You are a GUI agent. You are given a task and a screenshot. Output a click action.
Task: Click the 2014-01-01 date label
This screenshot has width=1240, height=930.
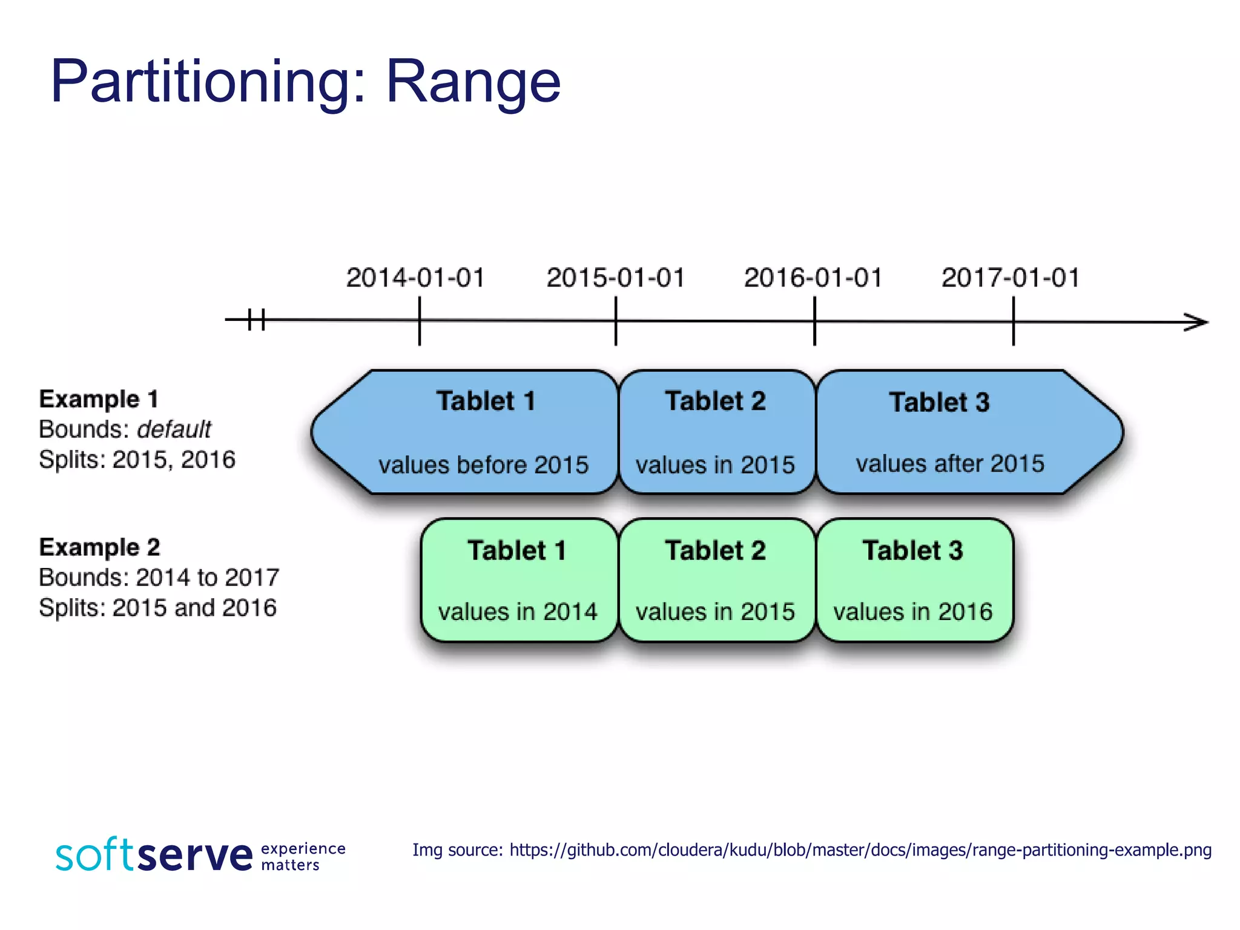pyautogui.click(x=415, y=278)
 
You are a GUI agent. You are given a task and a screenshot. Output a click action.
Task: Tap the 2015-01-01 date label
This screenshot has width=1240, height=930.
pyautogui.click(x=616, y=278)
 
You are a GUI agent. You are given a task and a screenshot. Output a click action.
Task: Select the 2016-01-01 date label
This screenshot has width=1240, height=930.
pyautogui.click(x=813, y=278)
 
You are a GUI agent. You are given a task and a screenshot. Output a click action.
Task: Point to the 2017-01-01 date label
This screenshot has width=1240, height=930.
pyautogui.click(x=1011, y=278)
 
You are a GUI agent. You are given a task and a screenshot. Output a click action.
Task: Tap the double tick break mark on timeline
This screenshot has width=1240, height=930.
pyautogui.click(x=257, y=319)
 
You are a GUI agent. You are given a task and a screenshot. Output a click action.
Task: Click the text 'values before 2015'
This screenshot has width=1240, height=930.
pyautogui.click(x=483, y=465)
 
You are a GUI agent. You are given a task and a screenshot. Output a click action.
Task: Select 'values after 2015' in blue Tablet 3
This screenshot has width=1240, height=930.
pyautogui.click(x=950, y=464)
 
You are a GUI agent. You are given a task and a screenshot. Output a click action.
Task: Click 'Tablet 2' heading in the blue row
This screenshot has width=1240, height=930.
pyautogui.click(x=715, y=401)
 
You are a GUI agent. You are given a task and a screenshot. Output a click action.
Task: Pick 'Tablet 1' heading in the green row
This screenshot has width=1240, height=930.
pyautogui.click(x=516, y=551)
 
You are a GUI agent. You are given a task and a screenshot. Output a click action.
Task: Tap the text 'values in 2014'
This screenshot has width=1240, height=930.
pyautogui.click(x=518, y=612)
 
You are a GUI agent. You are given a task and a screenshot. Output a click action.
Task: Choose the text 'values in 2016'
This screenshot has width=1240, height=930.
pyautogui.click(x=912, y=612)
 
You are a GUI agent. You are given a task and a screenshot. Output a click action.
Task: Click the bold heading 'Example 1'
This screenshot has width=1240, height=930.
pyautogui.click(x=99, y=400)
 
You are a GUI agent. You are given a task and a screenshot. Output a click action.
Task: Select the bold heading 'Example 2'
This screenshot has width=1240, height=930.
pyautogui.click(x=99, y=547)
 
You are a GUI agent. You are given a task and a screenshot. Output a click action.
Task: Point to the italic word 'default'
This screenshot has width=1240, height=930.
pyautogui.click(x=174, y=429)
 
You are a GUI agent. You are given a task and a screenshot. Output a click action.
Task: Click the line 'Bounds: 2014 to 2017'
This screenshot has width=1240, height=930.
pyautogui.click(x=159, y=578)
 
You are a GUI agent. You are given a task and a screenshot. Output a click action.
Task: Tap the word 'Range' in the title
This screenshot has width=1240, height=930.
pyautogui.click(x=473, y=81)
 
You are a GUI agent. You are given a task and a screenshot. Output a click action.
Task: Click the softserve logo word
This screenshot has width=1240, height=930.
pyautogui.click(x=154, y=855)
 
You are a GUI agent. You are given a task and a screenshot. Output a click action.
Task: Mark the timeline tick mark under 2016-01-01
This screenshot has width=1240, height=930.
pyautogui.click(x=814, y=322)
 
